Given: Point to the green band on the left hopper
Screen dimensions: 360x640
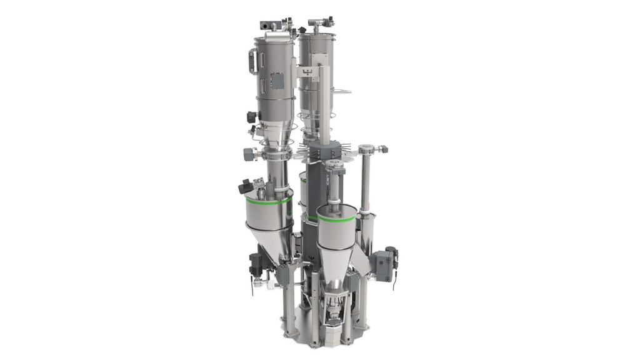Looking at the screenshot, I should (x=268, y=204).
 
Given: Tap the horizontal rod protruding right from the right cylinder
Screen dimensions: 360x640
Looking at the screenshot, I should (x=341, y=92).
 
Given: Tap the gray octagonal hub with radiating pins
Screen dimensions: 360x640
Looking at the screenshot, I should (x=324, y=149).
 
